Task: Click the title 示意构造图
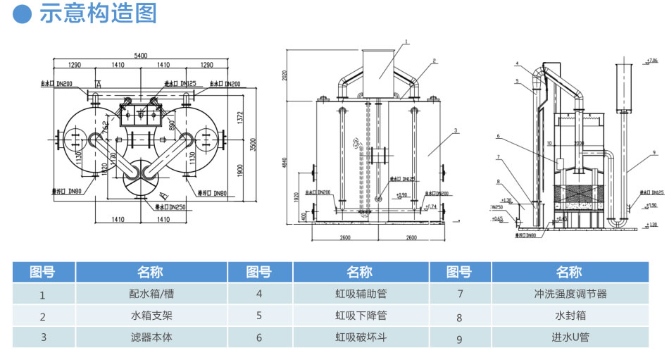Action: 98,13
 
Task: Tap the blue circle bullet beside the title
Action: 23,13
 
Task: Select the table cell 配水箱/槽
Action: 151,294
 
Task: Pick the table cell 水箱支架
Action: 151,316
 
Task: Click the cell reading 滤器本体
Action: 151,337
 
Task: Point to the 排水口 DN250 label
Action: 169,207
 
